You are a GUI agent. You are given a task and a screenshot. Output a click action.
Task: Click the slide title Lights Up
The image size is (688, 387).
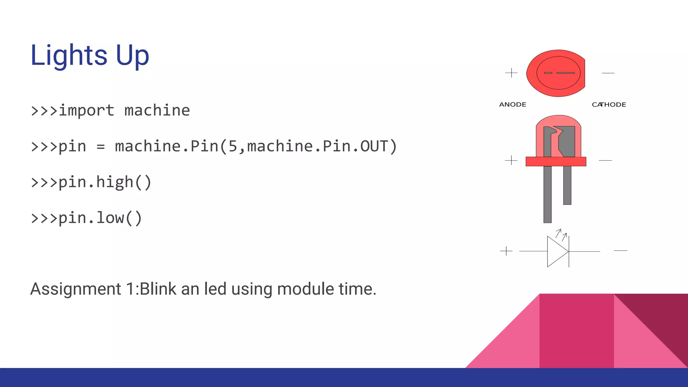[x=89, y=55]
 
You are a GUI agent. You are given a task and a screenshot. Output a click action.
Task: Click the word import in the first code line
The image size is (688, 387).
[x=86, y=111]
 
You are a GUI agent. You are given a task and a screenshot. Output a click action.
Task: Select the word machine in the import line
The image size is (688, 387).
[x=157, y=111]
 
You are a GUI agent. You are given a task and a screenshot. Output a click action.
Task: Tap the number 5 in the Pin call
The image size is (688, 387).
[x=233, y=146]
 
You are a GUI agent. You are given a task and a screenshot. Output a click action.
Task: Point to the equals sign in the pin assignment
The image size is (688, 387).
[x=100, y=147]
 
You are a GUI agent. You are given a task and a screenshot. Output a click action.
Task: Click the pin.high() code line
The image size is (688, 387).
[x=91, y=182]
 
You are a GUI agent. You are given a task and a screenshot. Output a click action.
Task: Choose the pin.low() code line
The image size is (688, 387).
[x=86, y=218]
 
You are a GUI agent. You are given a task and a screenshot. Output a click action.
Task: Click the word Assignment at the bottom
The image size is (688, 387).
[x=76, y=289]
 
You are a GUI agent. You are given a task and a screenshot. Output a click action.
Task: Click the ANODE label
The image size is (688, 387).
[x=513, y=104]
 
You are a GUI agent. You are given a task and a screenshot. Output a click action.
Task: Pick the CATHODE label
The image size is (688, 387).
[x=609, y=104]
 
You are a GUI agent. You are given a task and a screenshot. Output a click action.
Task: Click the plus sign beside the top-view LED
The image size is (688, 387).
[x=511, y=73]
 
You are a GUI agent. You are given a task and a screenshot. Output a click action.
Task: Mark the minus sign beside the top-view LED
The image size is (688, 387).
[x=608, y=73]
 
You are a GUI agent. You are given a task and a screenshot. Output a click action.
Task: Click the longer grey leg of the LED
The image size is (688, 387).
[x=547, y=195]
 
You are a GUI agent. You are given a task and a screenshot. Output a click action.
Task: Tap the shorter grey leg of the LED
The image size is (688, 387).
[x=567, y=185]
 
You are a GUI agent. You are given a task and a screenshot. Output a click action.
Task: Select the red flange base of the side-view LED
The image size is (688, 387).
[x=556, y=162]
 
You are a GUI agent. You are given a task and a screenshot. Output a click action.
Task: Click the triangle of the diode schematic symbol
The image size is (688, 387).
[x=556, y=251]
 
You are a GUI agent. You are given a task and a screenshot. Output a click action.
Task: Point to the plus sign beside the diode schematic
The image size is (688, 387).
[x=506, y=251]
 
